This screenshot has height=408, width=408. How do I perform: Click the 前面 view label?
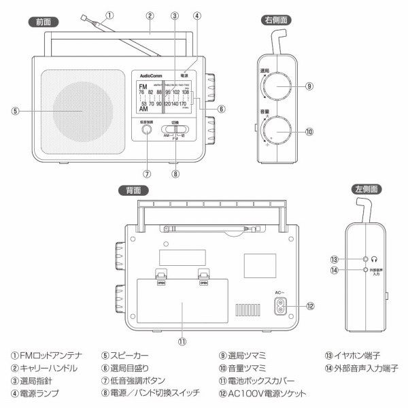pyautogui.click(x=45, y=22)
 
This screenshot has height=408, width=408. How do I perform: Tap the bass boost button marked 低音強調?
pyautogui.click(x=147, y=132)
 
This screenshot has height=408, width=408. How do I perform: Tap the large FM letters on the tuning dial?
pyautogui.click(x=143, y=88)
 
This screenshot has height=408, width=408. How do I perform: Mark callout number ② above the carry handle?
pyautogui.click(x=148, y=15)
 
